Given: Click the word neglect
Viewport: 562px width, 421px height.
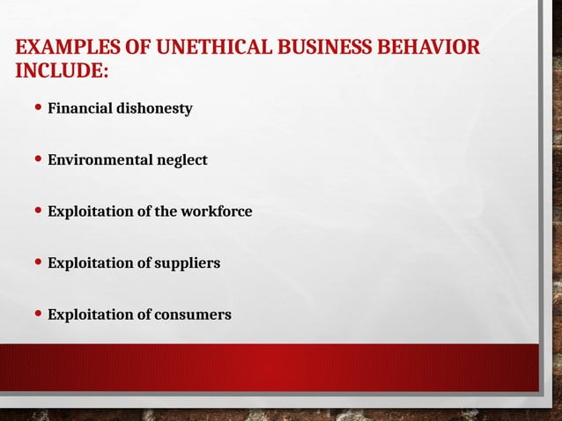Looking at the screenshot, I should point(181,160).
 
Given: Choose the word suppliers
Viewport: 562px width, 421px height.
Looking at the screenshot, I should point(187,262).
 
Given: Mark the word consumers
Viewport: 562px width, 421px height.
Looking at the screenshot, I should point(192,314).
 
